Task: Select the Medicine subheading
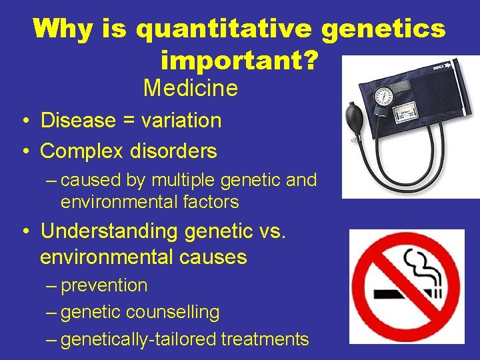click(191, 87)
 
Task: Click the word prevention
click(104, 285)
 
